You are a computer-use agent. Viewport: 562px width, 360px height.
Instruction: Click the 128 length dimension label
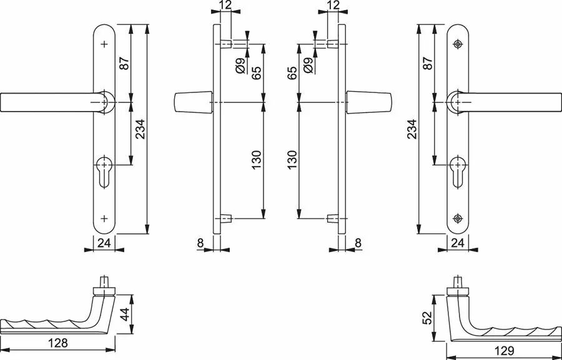58,343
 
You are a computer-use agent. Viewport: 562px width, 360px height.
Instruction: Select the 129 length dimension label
504,350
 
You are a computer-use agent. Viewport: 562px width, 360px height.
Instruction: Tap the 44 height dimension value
124,314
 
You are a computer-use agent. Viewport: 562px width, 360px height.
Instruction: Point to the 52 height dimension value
427,318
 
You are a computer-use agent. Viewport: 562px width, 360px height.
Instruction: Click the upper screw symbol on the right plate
458,44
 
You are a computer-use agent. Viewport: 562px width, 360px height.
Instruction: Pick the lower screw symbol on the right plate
458,218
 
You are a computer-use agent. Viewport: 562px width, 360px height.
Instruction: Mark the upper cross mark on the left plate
104,44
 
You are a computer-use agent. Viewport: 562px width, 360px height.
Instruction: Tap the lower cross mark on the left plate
104,218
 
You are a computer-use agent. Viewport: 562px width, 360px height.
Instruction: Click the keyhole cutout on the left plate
104,172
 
